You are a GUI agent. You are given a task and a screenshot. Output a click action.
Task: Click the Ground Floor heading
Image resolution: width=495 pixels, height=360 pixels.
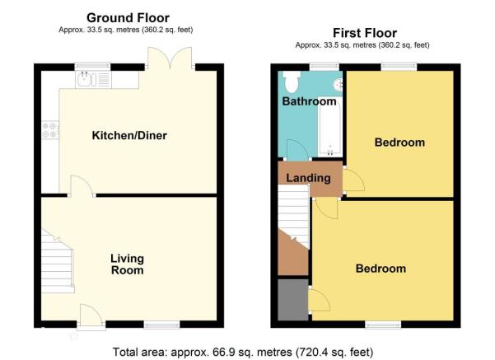(x=128, y=18)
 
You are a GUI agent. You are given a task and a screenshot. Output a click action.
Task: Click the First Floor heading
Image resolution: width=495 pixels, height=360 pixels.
(x=365, y=33)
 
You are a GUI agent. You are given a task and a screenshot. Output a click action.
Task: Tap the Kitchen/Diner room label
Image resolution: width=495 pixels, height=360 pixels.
(x=129, y=135)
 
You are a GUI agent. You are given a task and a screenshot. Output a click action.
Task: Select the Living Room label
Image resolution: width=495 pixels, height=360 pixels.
(x=127, y=264)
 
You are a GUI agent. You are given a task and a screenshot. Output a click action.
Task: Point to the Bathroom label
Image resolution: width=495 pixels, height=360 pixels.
(x=310, y=101)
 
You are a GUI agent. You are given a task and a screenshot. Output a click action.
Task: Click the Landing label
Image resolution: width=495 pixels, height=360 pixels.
(x=308, y=178)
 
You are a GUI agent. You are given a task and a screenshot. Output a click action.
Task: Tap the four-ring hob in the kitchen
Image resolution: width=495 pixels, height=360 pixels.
(x=50, y=130)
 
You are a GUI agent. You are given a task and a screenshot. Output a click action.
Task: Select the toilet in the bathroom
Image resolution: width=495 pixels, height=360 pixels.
(x=291, y=82)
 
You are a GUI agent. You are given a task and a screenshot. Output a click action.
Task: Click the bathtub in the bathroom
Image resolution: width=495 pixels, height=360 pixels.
(x=330, y=126)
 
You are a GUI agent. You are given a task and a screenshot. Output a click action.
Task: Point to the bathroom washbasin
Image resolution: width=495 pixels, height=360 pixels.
(x=339, y=84)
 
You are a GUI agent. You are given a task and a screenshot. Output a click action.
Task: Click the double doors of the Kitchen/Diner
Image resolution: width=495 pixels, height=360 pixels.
(x=170, y=58)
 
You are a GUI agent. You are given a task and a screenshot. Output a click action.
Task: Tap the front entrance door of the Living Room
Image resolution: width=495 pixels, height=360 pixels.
(x=91, y=316)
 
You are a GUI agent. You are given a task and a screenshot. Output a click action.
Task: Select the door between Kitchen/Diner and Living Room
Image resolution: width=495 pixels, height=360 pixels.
(x=82, y=186)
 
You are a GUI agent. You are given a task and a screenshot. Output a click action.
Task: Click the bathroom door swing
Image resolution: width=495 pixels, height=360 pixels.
(x=297, y=150)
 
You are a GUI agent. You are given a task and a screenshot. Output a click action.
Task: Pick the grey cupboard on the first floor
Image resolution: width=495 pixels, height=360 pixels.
(x=293, y=299)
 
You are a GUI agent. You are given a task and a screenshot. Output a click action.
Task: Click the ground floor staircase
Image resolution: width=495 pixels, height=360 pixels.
(x=58, y=261)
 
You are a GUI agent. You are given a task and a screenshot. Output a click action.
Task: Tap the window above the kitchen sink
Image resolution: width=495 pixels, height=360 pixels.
(x=93, y=66)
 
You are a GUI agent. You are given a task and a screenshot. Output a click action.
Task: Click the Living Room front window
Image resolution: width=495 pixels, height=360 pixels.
(x=162, y=325)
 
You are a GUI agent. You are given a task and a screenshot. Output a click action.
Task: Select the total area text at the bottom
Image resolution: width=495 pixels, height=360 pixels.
(x=243, y=352)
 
